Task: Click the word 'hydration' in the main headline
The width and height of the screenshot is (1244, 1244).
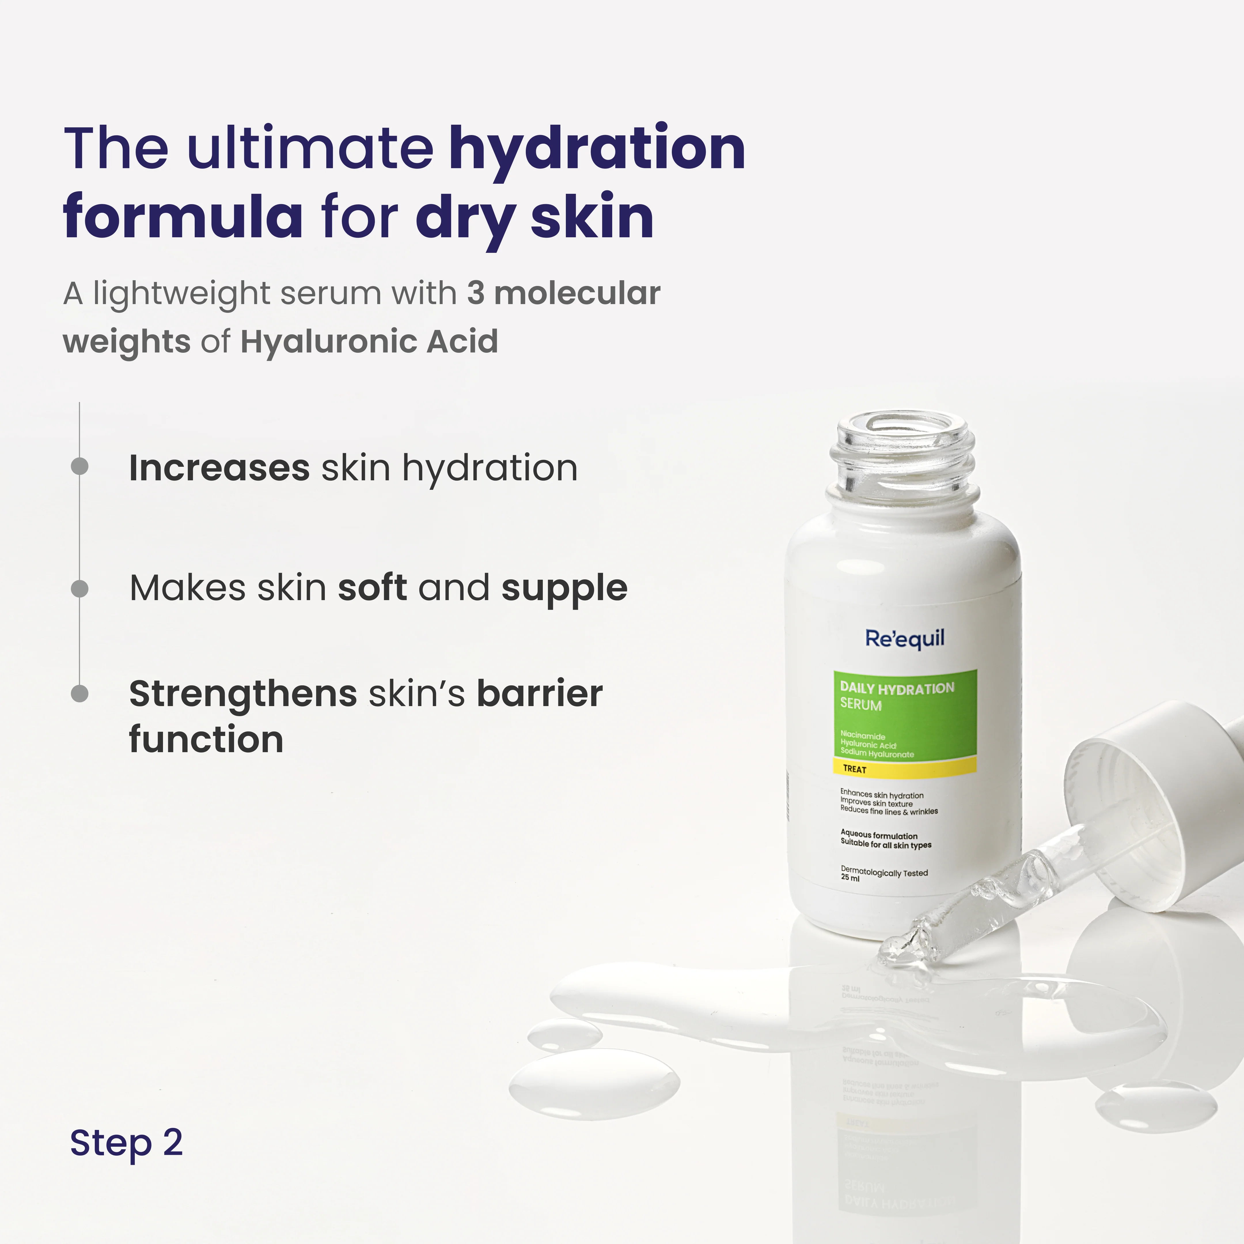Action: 597,149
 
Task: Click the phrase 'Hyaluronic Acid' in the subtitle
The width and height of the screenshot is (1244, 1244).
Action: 369,341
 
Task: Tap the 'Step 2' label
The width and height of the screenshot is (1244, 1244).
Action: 126,1143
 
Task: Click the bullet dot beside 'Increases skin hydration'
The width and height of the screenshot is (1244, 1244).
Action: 79,466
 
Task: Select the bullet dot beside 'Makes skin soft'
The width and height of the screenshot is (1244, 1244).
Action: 79,588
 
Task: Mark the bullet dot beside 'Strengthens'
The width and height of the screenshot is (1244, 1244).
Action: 79,693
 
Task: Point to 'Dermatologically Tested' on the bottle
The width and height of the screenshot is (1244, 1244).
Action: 884,873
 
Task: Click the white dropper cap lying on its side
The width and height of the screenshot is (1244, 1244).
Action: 1133,805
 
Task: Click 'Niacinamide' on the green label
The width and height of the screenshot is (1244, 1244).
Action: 863,735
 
